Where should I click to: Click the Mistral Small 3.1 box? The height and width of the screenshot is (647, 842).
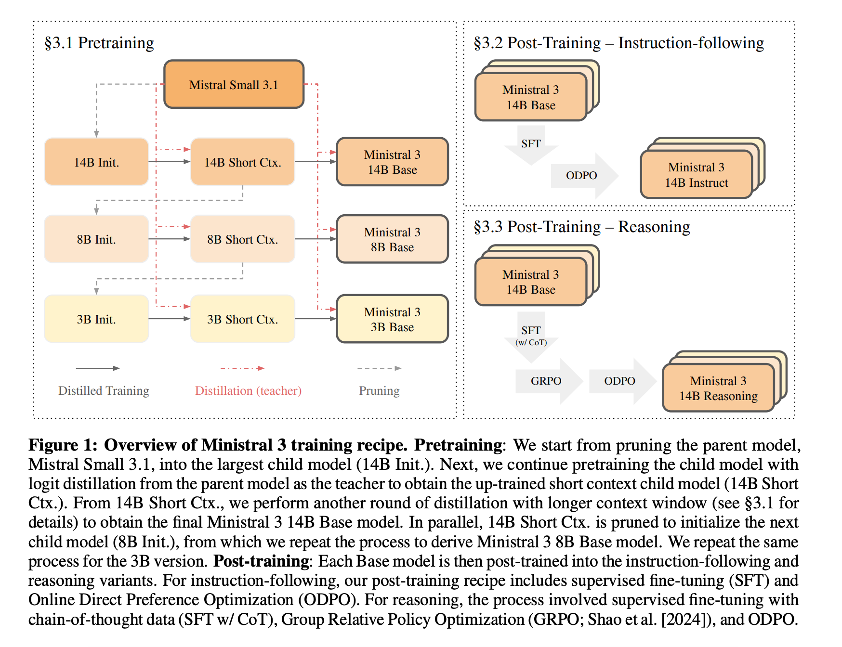[234, 84]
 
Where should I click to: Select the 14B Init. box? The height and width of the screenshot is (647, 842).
[96, 162]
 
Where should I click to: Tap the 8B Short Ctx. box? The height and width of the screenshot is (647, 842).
[242, 239]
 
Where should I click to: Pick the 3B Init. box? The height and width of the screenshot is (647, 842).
[96, 319]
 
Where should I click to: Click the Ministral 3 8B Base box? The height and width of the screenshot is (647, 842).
[392, 239]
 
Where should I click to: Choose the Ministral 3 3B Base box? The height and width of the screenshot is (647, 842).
[392, 319]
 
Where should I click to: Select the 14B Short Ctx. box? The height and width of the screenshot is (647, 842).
[242, 162]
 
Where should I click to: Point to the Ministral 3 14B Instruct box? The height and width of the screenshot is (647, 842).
[696, 175]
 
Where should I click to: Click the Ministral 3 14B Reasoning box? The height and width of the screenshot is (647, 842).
[718, 388]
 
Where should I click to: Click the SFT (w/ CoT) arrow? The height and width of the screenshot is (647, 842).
[531, 336]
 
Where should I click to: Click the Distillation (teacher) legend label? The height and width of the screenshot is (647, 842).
[248, 390]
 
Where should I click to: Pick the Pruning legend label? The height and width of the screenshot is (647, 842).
[379, 390]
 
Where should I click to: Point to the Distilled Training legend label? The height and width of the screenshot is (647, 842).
[104, 390]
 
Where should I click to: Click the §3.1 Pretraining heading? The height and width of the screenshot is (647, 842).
[99, 43]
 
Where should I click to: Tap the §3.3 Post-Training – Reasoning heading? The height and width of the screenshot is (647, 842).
[581, 226]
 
